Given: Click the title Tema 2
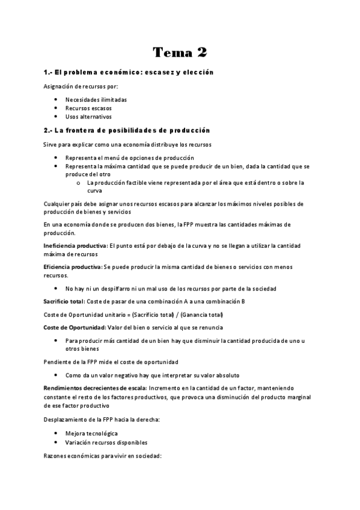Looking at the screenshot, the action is [x=180, y=52].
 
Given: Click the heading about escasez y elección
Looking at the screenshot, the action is [x=129, y=72].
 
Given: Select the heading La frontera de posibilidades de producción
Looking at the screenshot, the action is [x=126, y=130].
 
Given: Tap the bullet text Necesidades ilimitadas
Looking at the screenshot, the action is [x=96, y=100].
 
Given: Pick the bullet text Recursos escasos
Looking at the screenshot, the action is [x=88, y=108].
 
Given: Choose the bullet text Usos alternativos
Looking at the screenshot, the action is [x=88, y=117].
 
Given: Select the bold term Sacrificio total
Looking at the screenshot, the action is [x=63, y=300].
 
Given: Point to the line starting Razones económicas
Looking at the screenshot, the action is [x=102, y=456].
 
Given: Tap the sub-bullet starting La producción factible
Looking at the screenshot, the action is [x=195, y=182].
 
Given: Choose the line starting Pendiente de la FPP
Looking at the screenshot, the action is [x=110, y=361].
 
